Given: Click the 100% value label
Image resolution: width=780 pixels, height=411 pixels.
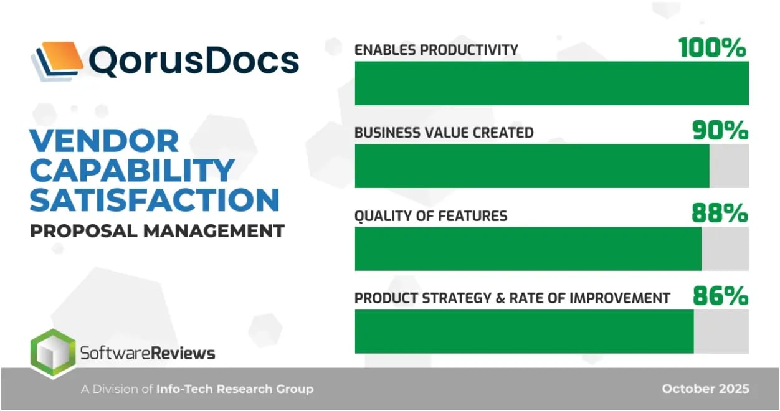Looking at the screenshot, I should (712, 48).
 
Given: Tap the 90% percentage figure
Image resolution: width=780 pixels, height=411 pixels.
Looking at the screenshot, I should (720, 131).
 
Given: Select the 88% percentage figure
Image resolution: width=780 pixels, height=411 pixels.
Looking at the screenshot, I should (720, 214).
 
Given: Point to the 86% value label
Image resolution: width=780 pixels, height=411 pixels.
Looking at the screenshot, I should (720, 296).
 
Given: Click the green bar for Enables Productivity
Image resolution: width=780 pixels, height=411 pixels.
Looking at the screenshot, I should (551, 83).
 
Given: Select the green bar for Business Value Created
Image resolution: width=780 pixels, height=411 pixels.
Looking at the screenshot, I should (531, 166).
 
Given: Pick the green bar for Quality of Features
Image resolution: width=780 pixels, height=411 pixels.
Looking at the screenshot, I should (528, 248).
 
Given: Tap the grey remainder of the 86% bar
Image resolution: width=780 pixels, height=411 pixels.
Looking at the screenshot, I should (721, 331).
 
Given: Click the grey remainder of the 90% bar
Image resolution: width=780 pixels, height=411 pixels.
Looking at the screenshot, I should (729, 166).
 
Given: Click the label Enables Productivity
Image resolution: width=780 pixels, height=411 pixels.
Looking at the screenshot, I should (436, 50).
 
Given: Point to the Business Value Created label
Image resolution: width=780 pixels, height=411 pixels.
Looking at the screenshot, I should (444, 133).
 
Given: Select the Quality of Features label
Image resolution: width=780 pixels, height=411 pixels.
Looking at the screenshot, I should (430, 216).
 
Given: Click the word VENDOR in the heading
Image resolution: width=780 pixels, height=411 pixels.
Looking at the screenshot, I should (105, 141).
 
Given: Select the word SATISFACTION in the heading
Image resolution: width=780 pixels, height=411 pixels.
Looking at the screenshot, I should (155, 201).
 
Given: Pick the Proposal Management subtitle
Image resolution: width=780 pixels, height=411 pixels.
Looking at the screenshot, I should (157, 231).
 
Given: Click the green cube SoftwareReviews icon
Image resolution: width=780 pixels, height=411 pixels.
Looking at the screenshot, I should (52, 353).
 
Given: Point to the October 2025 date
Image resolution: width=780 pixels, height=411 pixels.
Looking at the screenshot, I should (705, 389).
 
